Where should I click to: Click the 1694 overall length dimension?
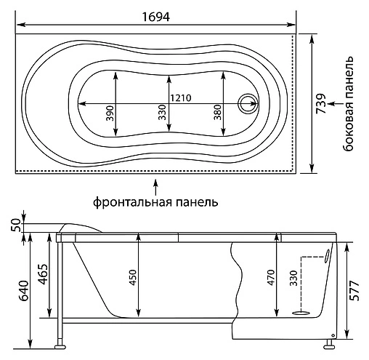[155, 17]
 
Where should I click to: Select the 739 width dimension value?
[321, 103]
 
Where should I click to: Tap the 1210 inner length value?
[181, 98]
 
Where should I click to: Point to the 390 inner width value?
[110, 113]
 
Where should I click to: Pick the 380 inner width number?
[218, 112]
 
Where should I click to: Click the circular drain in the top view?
[248, 103]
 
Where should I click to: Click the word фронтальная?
[133, 201]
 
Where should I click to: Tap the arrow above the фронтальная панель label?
[156, 187]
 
